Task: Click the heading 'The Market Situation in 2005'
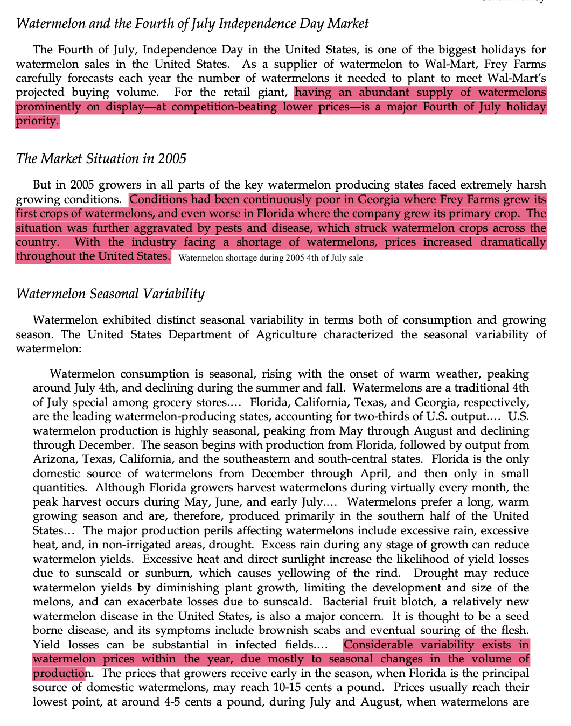(101, 159)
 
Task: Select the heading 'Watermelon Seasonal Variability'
(110, 294)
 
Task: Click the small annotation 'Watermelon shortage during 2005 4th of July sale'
(270, 258)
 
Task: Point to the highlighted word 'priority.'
(37, 121)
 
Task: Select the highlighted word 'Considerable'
(378, 645)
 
